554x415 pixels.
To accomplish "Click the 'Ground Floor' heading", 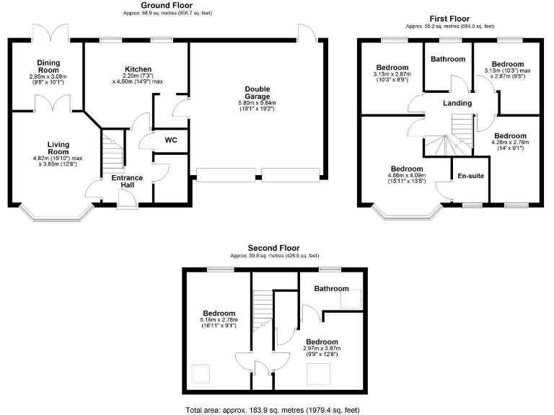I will click(x=167, y=6).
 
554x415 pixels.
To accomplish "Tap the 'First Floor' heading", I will click(x=450, y=19).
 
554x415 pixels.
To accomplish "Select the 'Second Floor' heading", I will click(x=274, y=248).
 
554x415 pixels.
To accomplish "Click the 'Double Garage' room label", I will click(x=258, y=92).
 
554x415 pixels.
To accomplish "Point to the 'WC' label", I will click(x=171, y=140).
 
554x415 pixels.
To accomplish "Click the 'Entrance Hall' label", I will click(x=127, y=182).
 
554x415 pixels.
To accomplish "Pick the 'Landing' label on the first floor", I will click(x=457, y=103).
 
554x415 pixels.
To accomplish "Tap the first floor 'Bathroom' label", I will click(x=448, y=59).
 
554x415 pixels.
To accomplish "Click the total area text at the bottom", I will click(x=278, y=409).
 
